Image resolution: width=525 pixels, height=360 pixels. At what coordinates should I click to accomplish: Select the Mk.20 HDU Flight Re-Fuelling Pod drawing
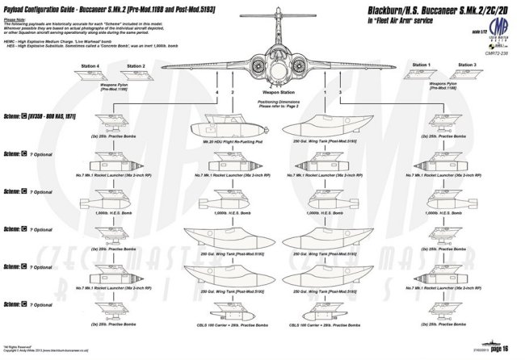(220, 129)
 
